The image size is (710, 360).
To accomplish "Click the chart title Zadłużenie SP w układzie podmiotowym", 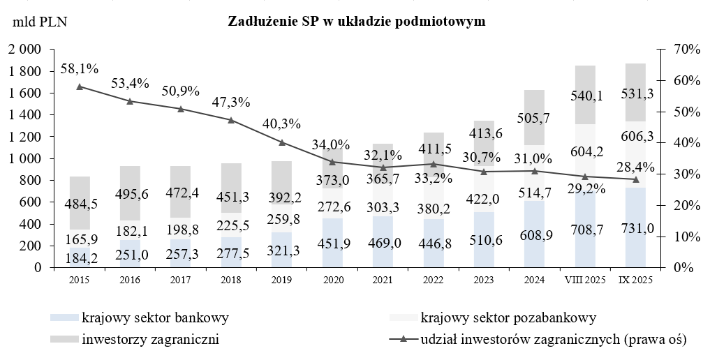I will click(356, 22).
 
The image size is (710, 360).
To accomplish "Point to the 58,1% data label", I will click(80, 68).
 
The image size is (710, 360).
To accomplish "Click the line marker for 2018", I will click(231, 120).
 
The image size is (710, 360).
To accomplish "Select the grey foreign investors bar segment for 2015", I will click(80, 203).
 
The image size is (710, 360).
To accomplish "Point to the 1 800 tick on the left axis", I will click(25, 71).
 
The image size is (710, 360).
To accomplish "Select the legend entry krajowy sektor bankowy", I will click(154, 319).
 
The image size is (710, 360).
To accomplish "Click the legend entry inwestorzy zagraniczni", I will click(151, 340).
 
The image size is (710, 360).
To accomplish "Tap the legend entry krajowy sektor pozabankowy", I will click(508, 319).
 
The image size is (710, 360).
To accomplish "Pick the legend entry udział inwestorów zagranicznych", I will click(554, 340).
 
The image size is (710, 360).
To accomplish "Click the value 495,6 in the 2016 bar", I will click(130, 193).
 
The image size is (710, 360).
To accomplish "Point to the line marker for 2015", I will click(80, 87).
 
